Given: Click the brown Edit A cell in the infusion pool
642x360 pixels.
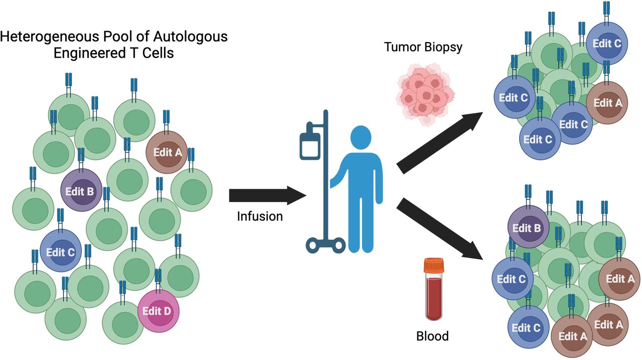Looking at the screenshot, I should tap(167, 152).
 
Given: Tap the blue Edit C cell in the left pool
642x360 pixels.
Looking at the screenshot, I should tap(60, 251).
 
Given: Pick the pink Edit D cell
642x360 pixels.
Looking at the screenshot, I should tap(158, 310).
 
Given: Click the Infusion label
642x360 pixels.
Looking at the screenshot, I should tap(260, 217).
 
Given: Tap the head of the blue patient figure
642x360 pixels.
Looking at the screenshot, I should tap(361, 138).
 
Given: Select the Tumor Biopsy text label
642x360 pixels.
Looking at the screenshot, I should tap(423, 48).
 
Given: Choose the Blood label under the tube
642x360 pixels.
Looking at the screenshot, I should tap(432, 335).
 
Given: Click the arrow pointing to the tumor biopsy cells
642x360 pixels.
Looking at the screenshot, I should tap(439, 143).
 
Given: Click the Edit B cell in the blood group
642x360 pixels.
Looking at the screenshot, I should tap(528, 228).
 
